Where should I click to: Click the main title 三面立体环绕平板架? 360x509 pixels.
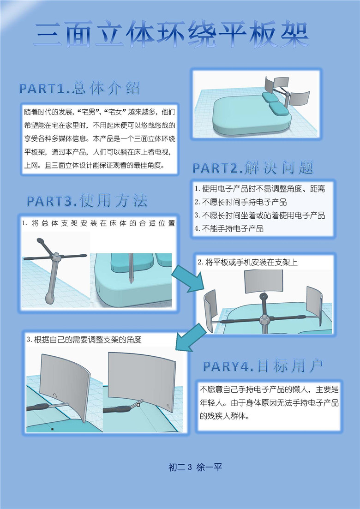point(171,35)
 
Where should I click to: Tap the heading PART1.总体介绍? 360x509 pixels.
point(79,88)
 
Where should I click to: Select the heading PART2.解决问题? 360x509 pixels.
point(253,168)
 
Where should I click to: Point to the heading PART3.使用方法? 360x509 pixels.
point(87,201)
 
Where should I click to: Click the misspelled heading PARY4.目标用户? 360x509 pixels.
point(263,366)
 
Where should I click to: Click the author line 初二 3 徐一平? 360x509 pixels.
point(195,467)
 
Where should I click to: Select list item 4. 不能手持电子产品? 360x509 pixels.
point(229,228)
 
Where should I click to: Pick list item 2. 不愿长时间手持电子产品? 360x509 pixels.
point(240,202)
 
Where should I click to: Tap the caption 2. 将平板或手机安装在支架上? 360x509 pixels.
point(248,262)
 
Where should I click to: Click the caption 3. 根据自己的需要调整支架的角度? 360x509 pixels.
point(84,340)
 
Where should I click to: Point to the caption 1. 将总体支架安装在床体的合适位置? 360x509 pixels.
point(99,223)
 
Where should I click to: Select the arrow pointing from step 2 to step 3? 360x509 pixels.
point(191,338)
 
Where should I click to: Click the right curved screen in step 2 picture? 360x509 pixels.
point(315,306)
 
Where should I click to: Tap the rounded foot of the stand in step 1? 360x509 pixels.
point(50,298)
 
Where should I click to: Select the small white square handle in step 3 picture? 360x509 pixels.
point(138,405)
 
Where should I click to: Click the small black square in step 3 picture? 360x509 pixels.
point(53,429)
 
